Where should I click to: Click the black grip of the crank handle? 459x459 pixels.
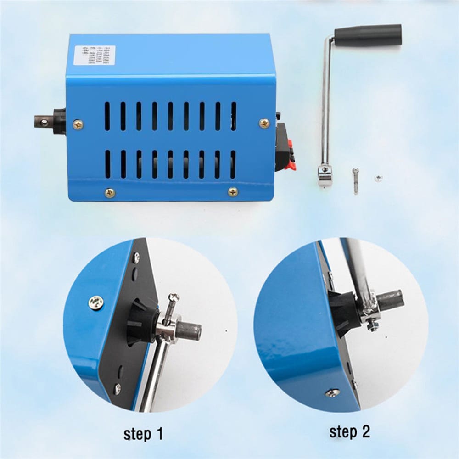(368, 35)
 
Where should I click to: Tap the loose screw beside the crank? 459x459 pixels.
(355, 180)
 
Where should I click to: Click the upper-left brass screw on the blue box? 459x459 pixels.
(78, 124)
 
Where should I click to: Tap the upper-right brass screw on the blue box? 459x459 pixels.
(264, 123)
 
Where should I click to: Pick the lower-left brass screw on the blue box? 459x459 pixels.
(109, 192)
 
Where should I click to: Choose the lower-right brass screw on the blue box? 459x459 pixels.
(233, 192)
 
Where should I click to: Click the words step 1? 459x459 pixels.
(143, 433)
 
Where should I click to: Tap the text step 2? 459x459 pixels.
(349, 431)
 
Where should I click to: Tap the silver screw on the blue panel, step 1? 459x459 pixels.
(96, 302)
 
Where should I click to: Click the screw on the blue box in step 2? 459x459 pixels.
(332, 393)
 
